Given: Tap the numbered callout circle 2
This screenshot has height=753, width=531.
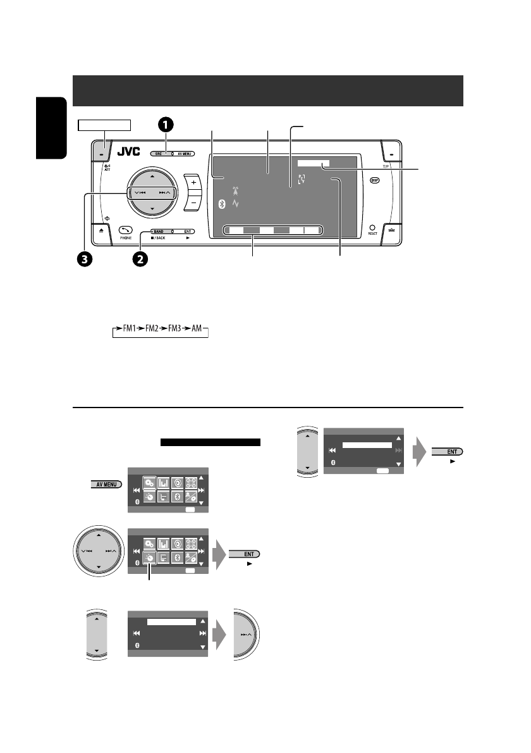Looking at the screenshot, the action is [x=140, y=258].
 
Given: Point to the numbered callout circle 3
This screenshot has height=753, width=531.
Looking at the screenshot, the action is [x=85, y=258].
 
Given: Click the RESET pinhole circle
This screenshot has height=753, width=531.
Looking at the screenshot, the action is [x=373, y=227].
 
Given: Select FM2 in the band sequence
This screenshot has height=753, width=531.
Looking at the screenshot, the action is [x=147, y=331].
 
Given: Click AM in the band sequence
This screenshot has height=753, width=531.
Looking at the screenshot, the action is [x=198, y=331].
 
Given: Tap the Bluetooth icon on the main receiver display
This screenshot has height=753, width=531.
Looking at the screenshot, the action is [x=221, y=204].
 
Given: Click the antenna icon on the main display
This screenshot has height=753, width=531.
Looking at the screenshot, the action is [x=236, y=190].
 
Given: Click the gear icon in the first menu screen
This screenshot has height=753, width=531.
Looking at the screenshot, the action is [x=149, y=482].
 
